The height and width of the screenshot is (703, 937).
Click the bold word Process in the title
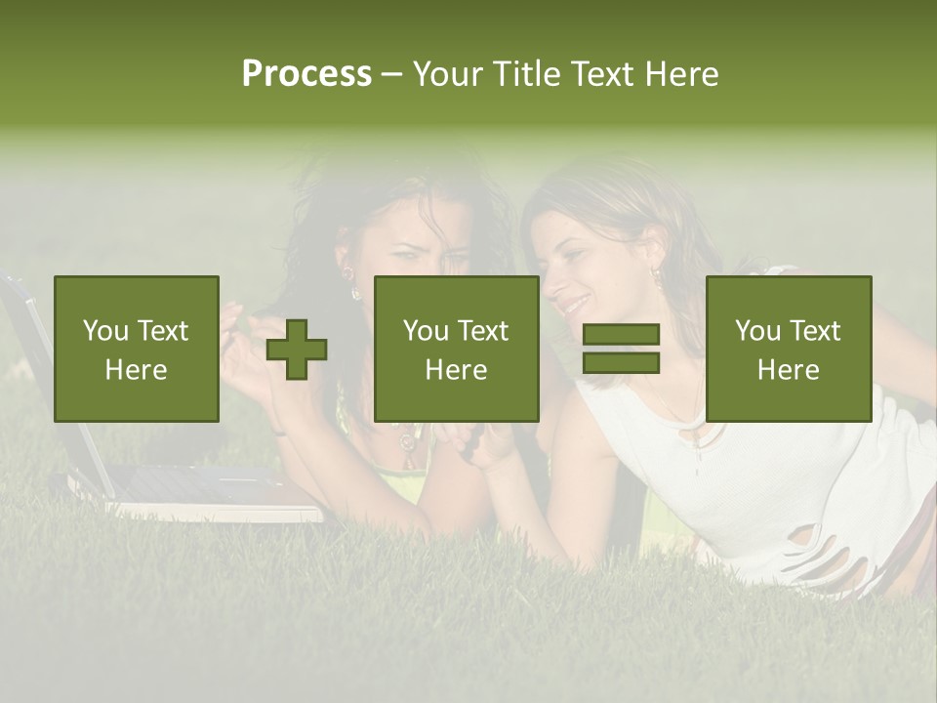click(x=306, y=74)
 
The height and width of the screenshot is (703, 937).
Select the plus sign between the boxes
click(x=297, y=349)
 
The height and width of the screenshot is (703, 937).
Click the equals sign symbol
click(x=621, y=349)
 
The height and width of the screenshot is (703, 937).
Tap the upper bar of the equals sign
click(x=621, y=335)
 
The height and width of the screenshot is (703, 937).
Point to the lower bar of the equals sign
click(x=621, y=363)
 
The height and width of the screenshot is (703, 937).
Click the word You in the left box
click(x=105, y=331)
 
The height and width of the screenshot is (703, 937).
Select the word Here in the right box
click(x=788, y=370)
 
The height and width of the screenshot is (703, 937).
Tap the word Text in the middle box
click(x=484, y=331)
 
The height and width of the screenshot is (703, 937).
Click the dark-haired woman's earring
click(x=355, y=291)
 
